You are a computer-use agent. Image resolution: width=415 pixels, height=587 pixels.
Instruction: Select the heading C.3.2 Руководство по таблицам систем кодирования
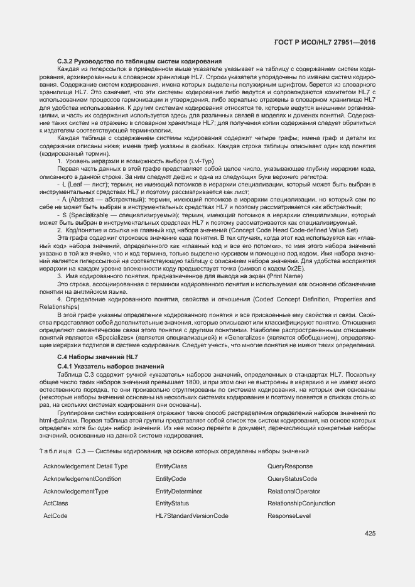click(x=137, y=60)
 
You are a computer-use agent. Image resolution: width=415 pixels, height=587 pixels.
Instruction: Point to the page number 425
click(x=370, y=534)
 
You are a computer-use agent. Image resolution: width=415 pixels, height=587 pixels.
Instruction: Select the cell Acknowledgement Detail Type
click(x=85, y=466)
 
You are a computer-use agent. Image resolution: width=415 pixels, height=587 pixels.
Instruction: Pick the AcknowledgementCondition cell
click(x=82, y=479)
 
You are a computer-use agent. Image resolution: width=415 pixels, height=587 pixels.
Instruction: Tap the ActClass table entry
click(x=56, y=504)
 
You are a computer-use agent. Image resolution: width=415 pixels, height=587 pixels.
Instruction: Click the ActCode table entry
click(x=55, y=516)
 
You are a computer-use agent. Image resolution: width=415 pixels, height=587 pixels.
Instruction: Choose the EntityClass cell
click(x=171, y=466)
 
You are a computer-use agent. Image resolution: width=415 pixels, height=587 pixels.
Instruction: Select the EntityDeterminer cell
click(x=179, y=491)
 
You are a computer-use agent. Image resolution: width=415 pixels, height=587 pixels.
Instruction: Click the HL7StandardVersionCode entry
click(x=191, y=516)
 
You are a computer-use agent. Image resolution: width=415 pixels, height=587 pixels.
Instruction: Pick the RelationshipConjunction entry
click(x=301, y=504)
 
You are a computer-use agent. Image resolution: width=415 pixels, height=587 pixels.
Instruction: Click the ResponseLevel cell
click(x=289, y=516)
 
